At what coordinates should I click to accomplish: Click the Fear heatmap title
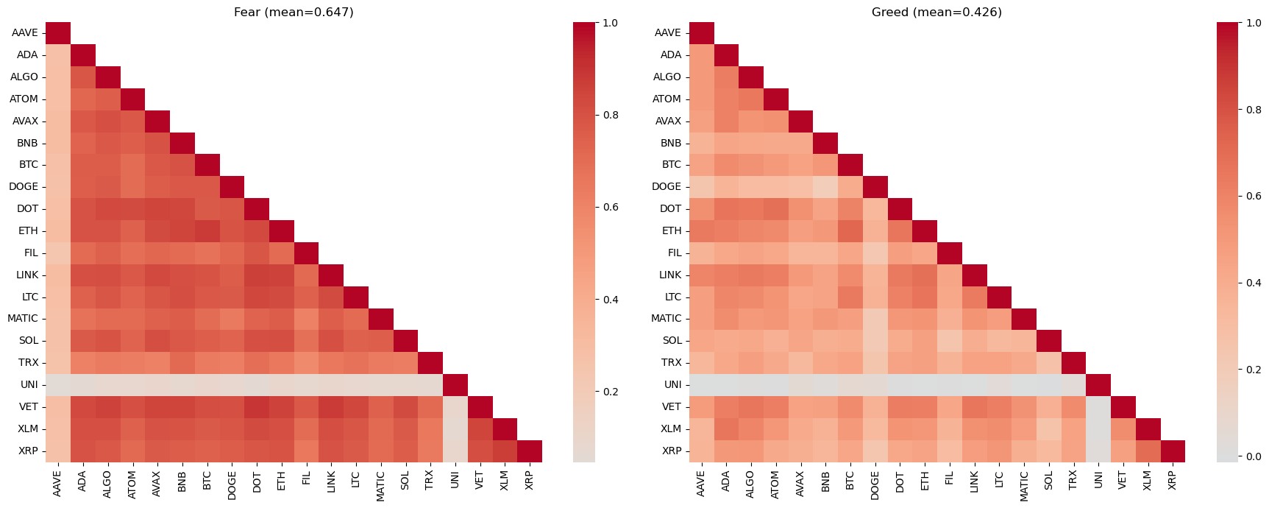pyautogui.click(x=294, y=13)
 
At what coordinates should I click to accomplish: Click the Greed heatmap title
pyautogui.click(x=936, y=13)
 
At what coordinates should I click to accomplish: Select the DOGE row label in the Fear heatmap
pyautogui.click(x=24, y=187)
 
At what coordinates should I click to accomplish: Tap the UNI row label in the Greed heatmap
pyautogui.click(x=672, y=385)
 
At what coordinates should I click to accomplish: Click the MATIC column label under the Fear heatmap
pyautogui.click(x=380, y=486)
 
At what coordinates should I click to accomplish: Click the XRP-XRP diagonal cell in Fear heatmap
pyautogui.click(x=530, y=451)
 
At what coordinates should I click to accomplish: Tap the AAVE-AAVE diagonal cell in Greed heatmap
pyautogui.click(x=702, y=33)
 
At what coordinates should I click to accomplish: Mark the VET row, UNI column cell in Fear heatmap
pyautogui.click(x=455, y=407)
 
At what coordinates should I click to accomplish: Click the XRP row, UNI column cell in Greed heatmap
pyautogui.click(x=1098, y=451)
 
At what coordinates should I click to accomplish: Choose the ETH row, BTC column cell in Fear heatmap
pyautogui.click(x=207, y=231)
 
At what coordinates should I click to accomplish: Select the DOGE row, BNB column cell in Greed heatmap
pyautogui.click(x=825, y=187)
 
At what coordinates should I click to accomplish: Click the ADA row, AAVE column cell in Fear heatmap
pyautogui.click(x=58, y=55)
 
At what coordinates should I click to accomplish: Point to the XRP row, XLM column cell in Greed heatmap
pyautogui.click(x=1148, y=451)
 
